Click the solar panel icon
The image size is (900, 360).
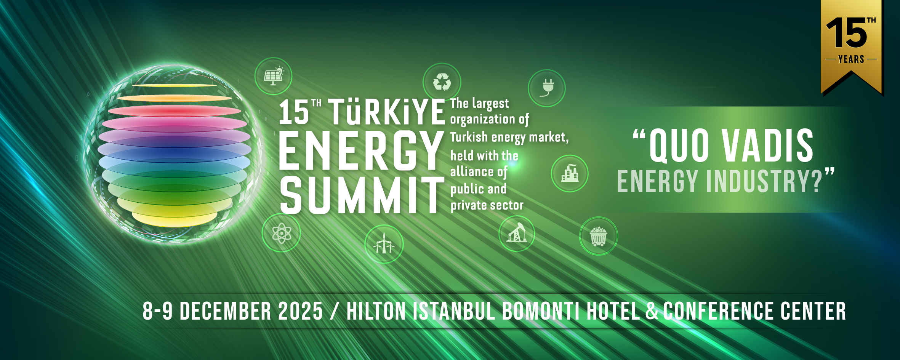click(x=274, y=76)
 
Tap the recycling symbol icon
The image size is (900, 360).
click(x=442, y=82)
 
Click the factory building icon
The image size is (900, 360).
click(x=570, y=173)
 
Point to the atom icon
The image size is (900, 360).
click(x=282, y=233)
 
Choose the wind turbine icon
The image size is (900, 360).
click(x=384, y=244)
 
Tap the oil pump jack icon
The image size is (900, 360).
click(x=517, y=233)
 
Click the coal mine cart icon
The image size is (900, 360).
click(x=598, y=237)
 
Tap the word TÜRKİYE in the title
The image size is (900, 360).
click(x=386, y=112)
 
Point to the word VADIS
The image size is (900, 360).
click(x=767, y=145)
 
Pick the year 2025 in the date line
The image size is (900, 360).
click(x=300, y=311)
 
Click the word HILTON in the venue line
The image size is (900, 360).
click(x=376, y=311)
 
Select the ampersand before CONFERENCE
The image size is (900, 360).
click(x=652, y=311)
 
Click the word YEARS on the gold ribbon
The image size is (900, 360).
click(x=851, y=59)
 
